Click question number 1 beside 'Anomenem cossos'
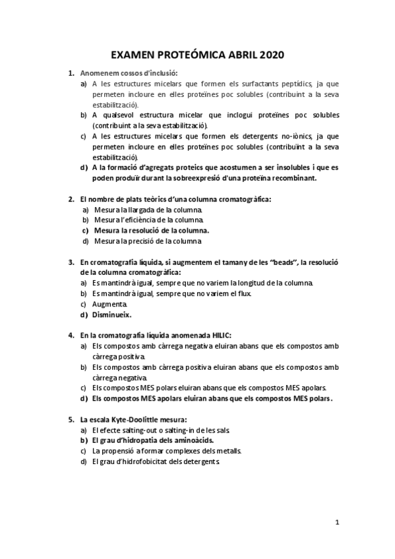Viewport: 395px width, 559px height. pos(71,73)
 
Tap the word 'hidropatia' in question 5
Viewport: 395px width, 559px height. pos(144,440)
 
